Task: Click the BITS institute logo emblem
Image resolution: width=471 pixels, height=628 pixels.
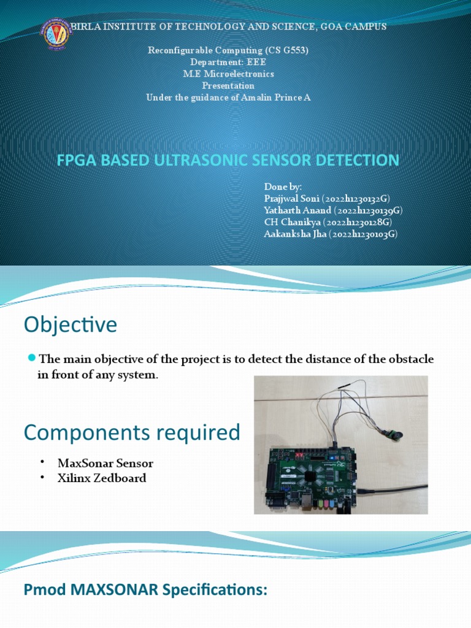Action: (x=56, y=36)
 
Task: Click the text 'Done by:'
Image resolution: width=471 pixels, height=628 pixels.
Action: (x=283, y=186)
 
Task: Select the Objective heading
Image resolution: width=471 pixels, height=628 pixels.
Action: (x=70, y=324)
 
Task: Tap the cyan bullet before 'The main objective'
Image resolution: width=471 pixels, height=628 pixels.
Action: (x=33, y=358)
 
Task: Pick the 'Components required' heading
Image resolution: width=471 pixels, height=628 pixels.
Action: (x=131, y=432)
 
